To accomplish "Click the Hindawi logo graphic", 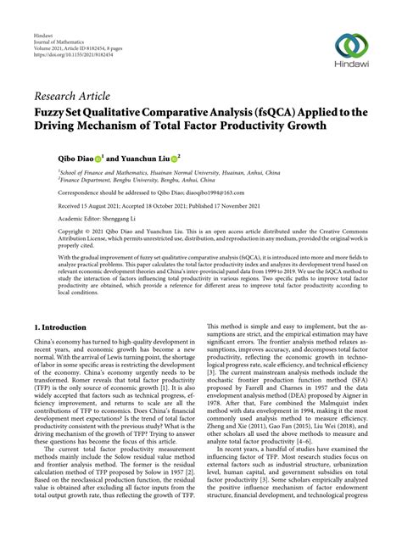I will (x=353, y=45).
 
